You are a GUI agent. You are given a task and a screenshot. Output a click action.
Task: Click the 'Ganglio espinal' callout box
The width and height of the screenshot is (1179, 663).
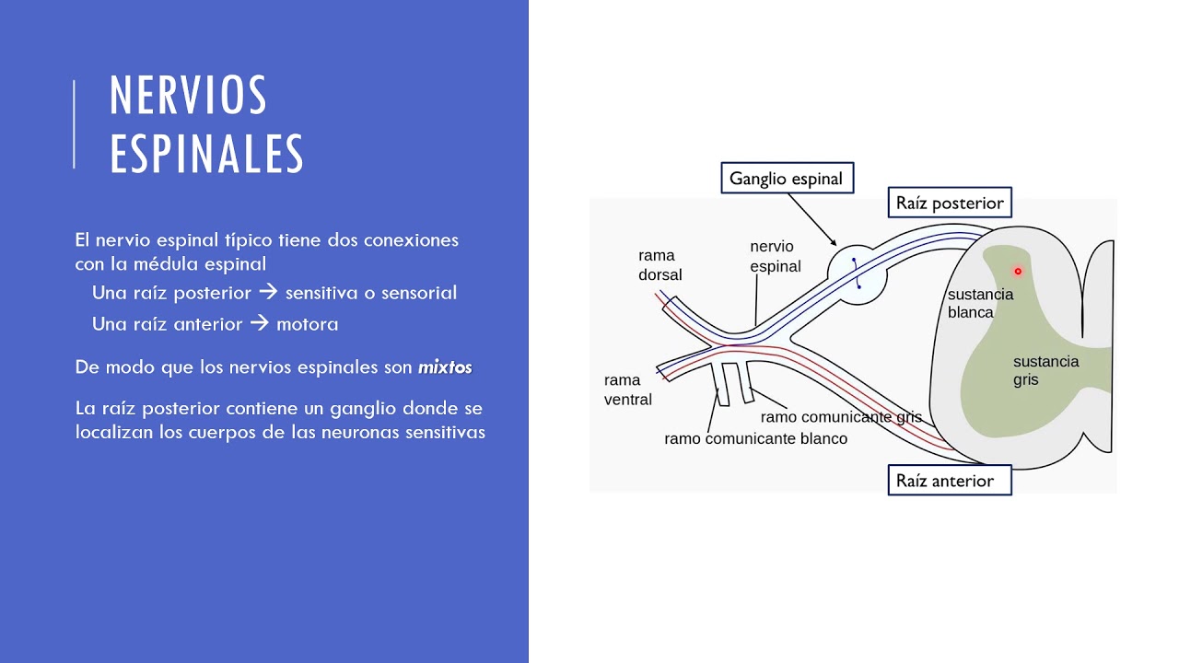(787, 179)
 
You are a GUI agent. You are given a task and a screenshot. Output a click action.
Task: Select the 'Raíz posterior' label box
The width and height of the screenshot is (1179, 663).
(950, 203)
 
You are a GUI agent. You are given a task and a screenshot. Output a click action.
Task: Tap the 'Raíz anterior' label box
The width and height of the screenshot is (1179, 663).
(950, 481)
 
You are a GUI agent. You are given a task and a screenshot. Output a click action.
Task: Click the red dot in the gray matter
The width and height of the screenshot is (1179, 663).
(1018, 272)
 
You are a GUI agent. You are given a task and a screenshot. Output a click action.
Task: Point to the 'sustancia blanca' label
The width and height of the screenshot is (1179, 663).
(980, 303)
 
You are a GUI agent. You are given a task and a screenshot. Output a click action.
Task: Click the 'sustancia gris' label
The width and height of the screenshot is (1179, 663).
(1045, 370)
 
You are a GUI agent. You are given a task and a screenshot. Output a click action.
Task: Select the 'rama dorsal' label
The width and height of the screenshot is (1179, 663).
(660, 265)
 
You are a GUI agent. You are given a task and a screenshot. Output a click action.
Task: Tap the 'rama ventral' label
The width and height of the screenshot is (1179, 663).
(627, 390)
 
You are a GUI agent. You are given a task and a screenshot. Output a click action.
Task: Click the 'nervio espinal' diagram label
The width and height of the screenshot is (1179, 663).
(775, 257)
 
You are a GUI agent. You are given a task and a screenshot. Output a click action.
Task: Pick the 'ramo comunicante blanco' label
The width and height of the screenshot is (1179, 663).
(755, 439)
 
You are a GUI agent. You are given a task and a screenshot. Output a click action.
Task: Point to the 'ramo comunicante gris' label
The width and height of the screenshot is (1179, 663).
(840, 417)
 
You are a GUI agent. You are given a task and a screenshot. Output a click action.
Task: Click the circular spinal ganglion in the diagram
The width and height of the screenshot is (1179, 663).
(858, 273)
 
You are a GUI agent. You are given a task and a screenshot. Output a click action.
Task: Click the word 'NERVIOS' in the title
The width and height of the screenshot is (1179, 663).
(189, 96)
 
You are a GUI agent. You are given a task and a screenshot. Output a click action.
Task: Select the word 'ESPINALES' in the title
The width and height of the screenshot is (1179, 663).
(206, 154)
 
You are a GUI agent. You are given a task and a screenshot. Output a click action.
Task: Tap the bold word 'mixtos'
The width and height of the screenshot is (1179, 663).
(445, 367)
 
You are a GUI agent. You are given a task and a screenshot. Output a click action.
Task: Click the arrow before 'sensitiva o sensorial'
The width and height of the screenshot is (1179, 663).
(268, 293)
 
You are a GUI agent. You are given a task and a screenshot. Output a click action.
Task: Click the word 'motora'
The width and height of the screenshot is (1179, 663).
(307, 324)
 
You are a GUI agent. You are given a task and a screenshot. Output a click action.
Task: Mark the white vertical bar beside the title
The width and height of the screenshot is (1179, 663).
(74, 124)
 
